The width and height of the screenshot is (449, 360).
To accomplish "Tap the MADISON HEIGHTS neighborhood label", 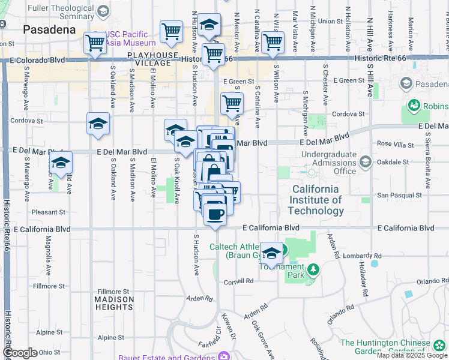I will (x=114, y=303).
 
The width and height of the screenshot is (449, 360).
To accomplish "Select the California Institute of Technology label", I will (x=316, y=200).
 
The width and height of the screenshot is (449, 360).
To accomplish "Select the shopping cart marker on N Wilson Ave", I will (x=273, y=42).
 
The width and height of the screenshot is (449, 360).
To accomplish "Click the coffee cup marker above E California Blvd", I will (x=215, y=213).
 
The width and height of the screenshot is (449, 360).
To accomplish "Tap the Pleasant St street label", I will (x=48, y=212).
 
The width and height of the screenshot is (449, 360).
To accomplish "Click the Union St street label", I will (x=330, y=21).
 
